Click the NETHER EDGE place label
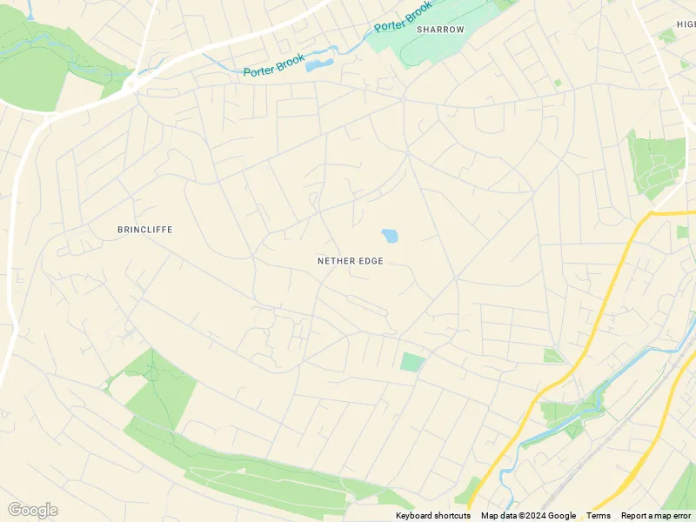(350, 261)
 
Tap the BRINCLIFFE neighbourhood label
(144, 230)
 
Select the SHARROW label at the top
(440, 30)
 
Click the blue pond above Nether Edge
(389, 236)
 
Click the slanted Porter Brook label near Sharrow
(403, 17)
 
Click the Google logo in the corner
(32, 510)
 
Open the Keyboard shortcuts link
(432, 516)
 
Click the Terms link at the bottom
(598, 516)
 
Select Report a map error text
(656, 516)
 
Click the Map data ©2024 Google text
(528, 516)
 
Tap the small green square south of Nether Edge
(412, 362)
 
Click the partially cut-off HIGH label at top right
(685, 24)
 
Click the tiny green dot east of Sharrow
(558, 83)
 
